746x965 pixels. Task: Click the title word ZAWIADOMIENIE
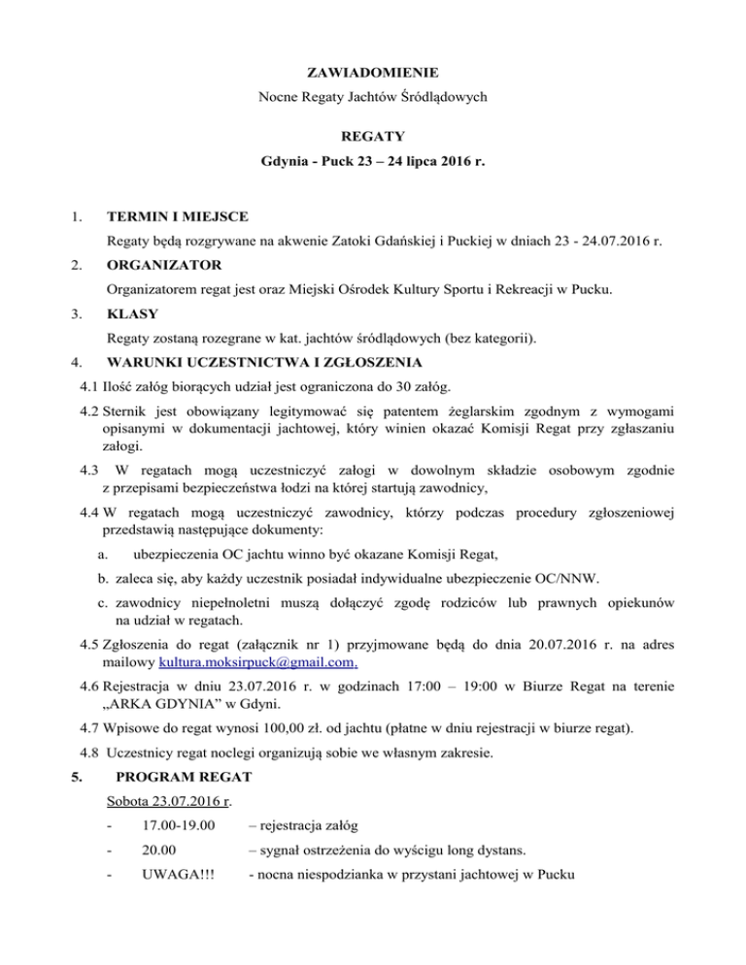pos(373,72)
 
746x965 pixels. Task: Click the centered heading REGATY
pos(373,137)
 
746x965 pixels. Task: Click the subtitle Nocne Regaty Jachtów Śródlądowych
pos(373,97)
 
